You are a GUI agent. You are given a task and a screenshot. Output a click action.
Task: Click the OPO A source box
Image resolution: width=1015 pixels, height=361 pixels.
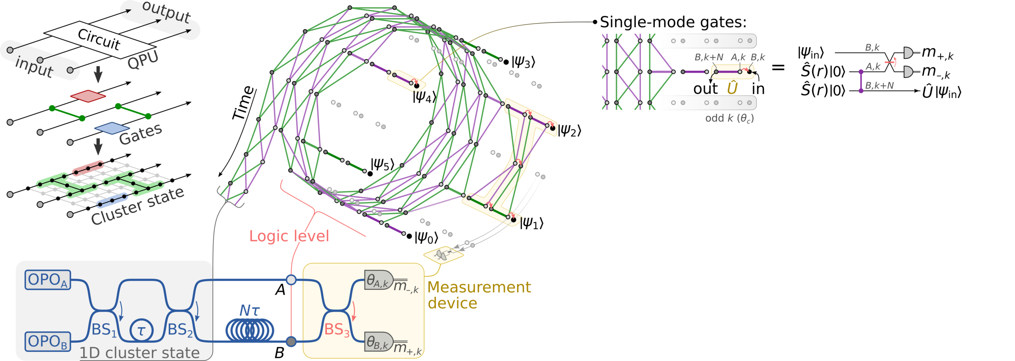coord(48,280)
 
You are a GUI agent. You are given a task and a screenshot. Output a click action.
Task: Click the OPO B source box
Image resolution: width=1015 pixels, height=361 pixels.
coord(48,341)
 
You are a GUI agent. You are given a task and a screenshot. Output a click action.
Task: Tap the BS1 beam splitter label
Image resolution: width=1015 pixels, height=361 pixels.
coord(104,330)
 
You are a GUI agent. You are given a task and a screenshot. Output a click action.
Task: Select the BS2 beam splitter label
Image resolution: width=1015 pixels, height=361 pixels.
coord(180,330)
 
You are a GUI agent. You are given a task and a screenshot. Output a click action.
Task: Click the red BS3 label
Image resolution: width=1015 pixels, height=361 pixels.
coord(337,330)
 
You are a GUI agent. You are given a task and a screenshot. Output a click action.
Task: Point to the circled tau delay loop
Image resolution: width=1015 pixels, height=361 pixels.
coord(141,330)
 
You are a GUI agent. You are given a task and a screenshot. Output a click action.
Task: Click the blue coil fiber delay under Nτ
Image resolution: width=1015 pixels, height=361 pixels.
coord(250,330)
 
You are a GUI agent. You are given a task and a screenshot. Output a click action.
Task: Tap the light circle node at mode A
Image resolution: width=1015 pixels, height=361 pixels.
coord(291,280)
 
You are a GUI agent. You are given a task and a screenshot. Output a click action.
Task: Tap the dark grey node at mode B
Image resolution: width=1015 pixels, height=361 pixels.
coord(291,341)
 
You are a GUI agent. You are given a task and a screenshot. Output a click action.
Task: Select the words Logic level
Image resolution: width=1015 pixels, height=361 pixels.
coord(289,236)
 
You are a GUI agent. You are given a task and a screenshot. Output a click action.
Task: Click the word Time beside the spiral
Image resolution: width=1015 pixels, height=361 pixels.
coord(244,103)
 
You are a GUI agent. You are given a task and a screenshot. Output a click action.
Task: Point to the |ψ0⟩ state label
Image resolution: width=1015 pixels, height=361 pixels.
coord(426,238)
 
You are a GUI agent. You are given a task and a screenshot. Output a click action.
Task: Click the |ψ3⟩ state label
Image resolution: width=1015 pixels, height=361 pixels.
coord(523,62)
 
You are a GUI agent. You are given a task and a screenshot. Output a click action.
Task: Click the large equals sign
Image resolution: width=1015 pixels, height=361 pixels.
coord(778,67)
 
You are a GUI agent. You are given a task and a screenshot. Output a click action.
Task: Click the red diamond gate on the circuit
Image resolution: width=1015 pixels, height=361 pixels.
coord(88,96)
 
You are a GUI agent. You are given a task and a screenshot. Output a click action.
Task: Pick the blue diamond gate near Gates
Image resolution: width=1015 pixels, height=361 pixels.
coord(112,128)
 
